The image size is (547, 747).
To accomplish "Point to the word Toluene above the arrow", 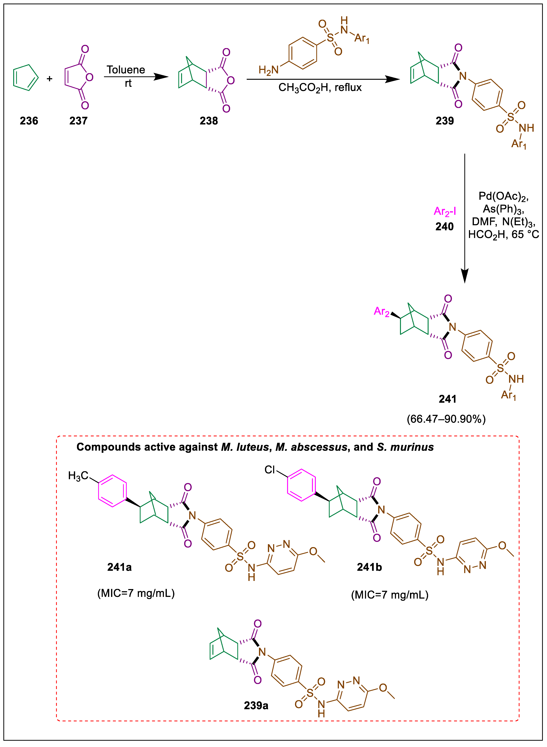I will pos(126,70).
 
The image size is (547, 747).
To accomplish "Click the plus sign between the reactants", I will pos(50,79).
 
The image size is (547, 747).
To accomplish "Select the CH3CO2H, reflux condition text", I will pos(320,88).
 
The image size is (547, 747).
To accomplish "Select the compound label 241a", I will pos(120,567).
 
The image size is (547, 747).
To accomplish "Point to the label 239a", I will pos(256,706).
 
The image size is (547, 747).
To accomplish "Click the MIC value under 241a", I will pos(136,593).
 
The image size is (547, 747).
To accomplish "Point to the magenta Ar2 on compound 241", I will pos(381,312).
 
